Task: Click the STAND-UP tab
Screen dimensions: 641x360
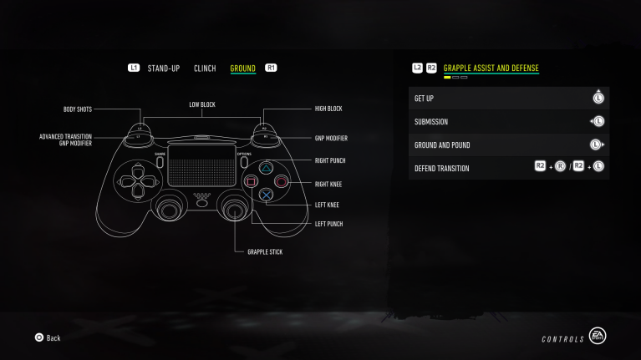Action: (163, 68)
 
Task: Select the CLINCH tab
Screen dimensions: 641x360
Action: (205, 68)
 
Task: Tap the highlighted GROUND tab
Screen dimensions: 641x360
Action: (242, 68)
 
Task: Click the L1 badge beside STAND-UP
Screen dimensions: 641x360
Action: (134, 68)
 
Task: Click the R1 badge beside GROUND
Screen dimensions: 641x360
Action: (271, 68)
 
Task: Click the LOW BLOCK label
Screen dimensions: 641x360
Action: (202, 105)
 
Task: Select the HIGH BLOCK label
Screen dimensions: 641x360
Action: (328, 109)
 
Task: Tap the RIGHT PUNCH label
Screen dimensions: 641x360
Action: (330, 160)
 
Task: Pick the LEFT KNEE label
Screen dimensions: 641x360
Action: (327, 205)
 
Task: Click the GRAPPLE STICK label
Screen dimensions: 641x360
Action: (265, 251)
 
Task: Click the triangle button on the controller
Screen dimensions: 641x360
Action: (266, 166)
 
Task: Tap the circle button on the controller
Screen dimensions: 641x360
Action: (281, 180)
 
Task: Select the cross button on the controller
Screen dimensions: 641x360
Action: (266, 195)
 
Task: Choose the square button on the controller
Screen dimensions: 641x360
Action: (251, 180)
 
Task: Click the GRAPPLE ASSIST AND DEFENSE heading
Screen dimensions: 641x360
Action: (491, 68)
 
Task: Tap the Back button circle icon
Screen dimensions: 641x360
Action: (38, 337)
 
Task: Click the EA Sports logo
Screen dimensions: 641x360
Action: (597, 336)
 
